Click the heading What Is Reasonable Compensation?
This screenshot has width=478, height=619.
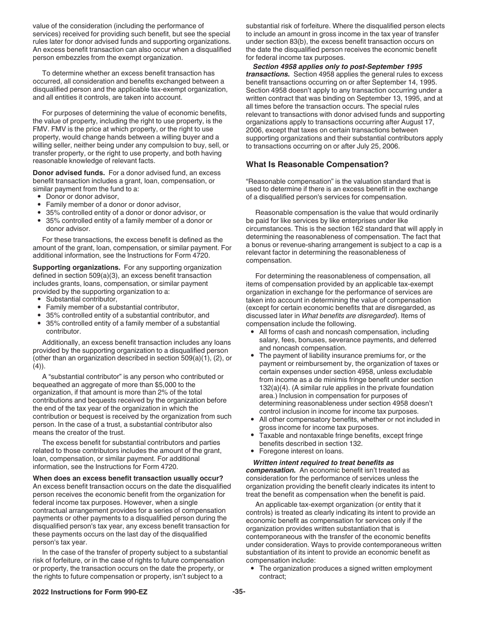(317, 165)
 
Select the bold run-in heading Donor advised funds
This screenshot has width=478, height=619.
(68, 173)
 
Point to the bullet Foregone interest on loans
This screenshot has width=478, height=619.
(300, 451)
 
